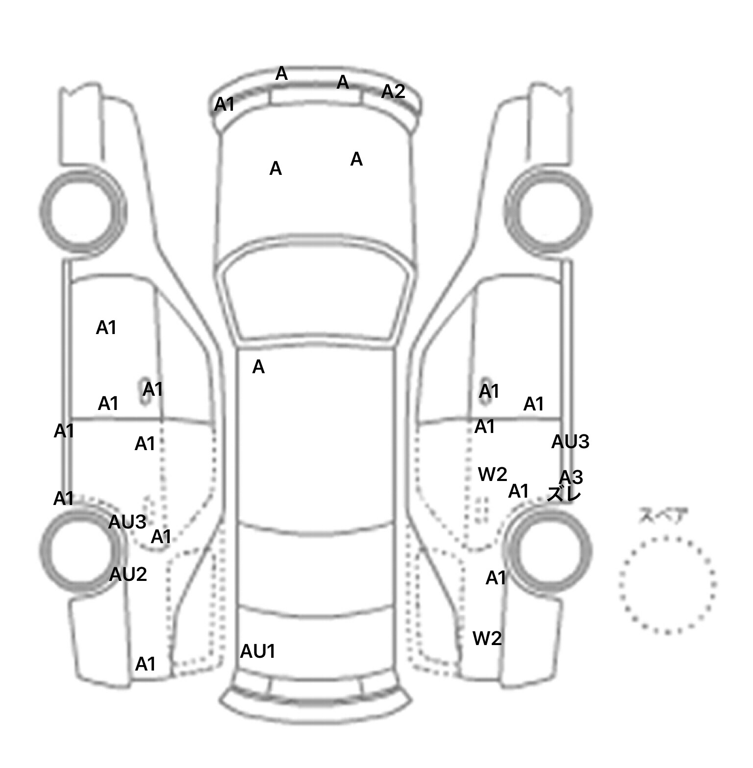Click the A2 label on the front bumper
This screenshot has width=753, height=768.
(393, 92)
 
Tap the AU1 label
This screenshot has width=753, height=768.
(257, 651)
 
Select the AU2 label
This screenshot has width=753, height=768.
(128, 574)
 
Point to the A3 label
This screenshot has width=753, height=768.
(571, 477)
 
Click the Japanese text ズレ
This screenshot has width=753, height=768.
(564, 494)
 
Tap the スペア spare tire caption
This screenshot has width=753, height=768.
(663, 516)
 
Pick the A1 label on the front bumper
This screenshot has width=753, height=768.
(225, 104)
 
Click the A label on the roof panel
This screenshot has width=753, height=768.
(258, 367)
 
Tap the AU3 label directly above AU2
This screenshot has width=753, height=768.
(127, 522)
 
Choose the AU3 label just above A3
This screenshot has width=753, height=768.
(570, 442)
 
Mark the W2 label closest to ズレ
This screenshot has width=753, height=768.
(492, 474)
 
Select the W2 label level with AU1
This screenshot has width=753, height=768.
(487, 638)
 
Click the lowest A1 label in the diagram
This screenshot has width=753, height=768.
(145, 664)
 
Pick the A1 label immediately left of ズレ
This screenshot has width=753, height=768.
(519, 491)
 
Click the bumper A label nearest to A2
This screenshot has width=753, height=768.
(343, 82)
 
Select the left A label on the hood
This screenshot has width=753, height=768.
(276, 168)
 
